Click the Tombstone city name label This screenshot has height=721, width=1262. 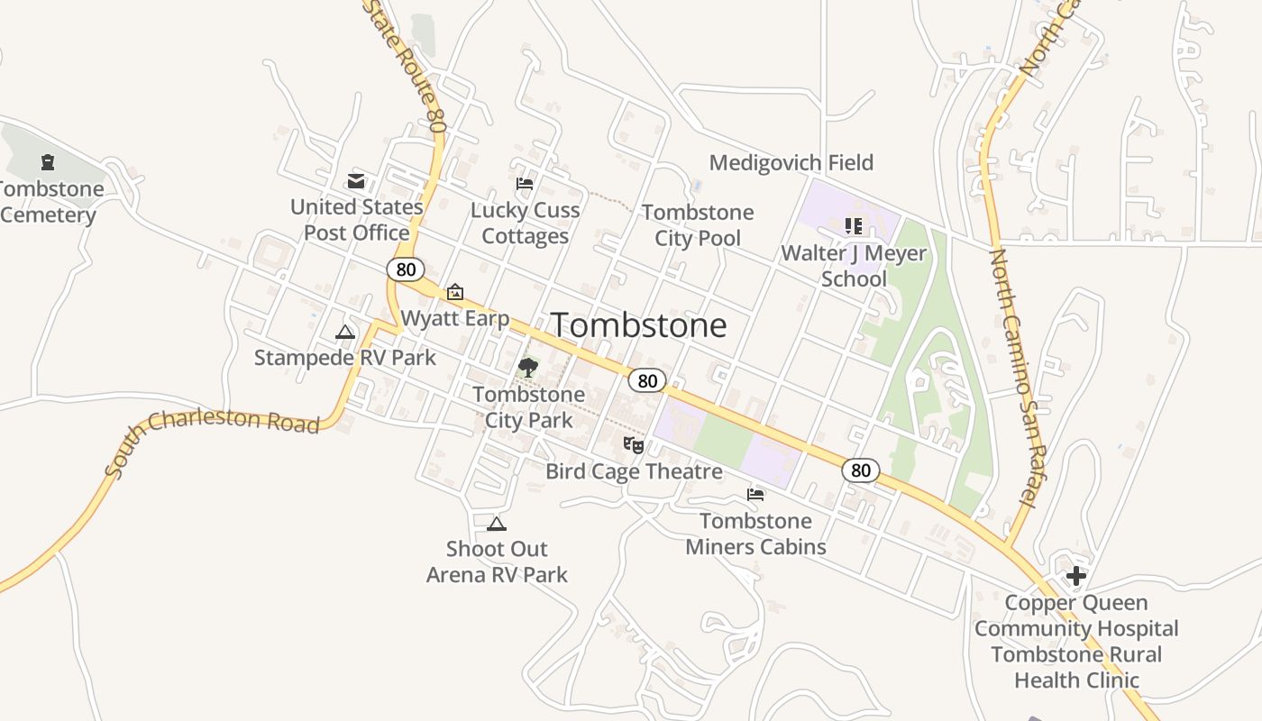click(638, 325)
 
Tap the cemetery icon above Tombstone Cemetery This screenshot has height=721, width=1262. click(47, 162)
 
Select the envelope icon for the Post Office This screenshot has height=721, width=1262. click(356, 181)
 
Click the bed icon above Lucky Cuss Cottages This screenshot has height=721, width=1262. click(525, 184)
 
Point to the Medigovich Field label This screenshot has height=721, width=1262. click(791, 163)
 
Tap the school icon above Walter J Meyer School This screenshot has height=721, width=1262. click(854, 226)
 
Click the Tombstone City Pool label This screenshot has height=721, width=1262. click(698, 225)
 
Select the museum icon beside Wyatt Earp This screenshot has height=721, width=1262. click(455, 292)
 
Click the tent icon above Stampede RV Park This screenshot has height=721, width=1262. click(345, 333)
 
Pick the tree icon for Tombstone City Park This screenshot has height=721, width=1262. click(528, 367)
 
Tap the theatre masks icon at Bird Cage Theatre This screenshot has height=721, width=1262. click(634, 444)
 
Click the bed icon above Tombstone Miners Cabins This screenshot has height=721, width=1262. click(755, 494)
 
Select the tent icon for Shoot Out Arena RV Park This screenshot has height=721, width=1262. click(497, 524)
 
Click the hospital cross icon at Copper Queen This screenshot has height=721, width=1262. click(1075, 576)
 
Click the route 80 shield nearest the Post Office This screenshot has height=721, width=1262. click(406, 269)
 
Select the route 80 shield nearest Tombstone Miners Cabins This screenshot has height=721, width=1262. click(861, 470)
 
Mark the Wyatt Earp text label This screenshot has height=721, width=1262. click(455, 318)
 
